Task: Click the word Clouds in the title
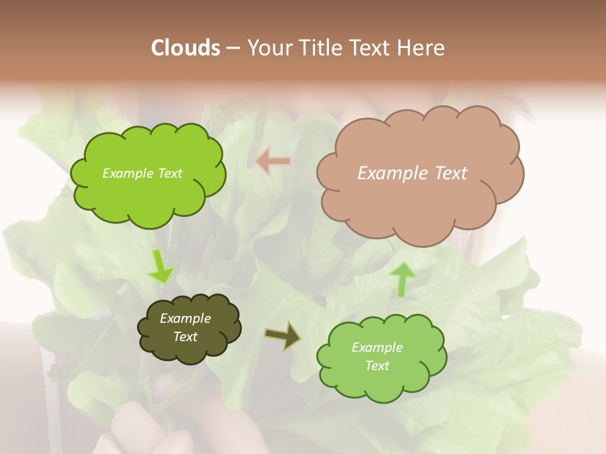pyautogui.click(x=186, y=47)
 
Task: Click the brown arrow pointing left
pyautogui.click(x=273, y=161)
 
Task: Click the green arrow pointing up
pyautogui.click(x=402, y=279)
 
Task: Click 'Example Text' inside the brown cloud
pyautogui.click(x=412, y=173)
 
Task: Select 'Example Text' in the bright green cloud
pyautogui.click(x=142, y=173)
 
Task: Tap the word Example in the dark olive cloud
pyautogui.click(x=185, y=318)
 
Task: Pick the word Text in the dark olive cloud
pyautogui.click(x=185, y=337)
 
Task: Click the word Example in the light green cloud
pyautogui.click(x=377, y=347)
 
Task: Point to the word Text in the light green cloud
pyautogui.click(x=377, y=366)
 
